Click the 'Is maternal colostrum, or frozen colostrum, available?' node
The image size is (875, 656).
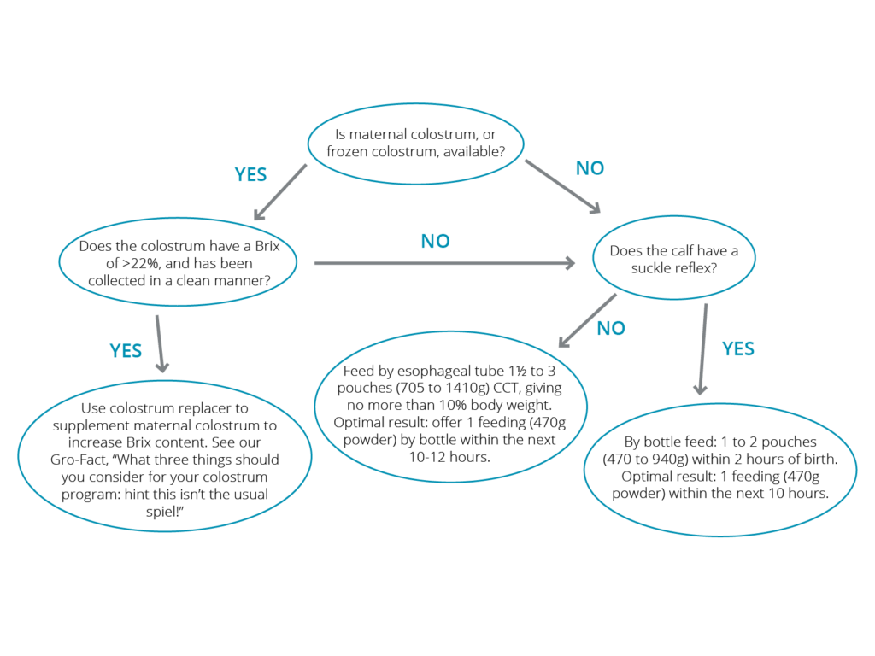(x=416, y=143)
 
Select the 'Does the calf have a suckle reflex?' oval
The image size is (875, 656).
(x=673, y=258)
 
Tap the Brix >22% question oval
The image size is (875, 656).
(x=178, y=261)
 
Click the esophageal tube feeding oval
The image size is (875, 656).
(x=450, y=407)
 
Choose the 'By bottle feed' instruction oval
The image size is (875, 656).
(x=719, y=470)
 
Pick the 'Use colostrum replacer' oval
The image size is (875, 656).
(x=165, y=456)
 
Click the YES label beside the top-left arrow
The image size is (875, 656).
(x=250, y=174)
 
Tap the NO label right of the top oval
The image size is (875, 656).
(x=590, y=168)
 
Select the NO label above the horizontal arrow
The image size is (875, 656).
(x=435, y=241)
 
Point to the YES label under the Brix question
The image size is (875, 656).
(x=126, y=351)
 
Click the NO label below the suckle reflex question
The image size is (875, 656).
(x=611, y=328)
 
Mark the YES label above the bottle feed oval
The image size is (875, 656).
(x=737, y=348)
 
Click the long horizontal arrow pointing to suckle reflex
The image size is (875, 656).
(x=444, y=263)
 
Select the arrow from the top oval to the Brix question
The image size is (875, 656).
(x=280, y=192)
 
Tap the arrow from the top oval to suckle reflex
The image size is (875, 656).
(x=562, y=186)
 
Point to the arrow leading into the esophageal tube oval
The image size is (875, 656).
(x=588, y=320)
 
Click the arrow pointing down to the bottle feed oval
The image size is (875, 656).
(x=702, y=349)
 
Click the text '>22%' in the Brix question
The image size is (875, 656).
(x=141, y=263)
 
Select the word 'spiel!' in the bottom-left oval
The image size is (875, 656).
(x=165, y=512)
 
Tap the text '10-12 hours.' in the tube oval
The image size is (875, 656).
(x=449, y=458)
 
